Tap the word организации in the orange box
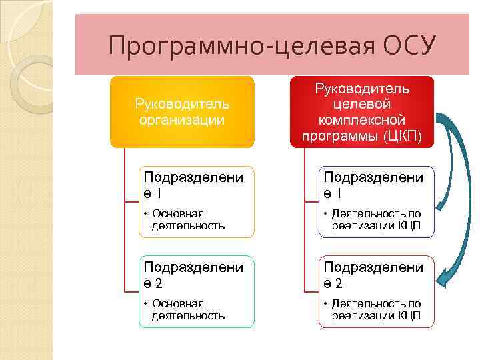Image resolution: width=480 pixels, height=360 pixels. [x=182, y=120]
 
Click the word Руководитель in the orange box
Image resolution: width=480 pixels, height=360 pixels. [x=182, y=104]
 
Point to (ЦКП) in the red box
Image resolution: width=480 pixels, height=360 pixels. [x=403, y=136]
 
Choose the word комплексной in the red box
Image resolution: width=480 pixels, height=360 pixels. [x=362, y=120]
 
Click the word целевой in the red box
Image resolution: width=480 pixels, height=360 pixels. [x=362, y=104]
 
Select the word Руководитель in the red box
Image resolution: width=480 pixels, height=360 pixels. [x=362, y=88]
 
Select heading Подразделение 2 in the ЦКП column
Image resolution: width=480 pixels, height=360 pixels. [x=373, y=275]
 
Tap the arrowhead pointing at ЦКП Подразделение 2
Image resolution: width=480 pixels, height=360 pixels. [x=442, y=279]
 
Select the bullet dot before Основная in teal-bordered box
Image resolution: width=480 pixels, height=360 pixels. [x=145, y=304]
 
